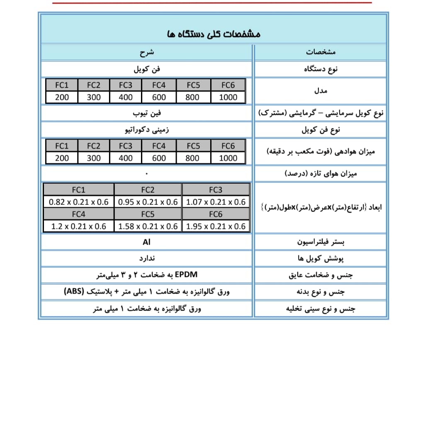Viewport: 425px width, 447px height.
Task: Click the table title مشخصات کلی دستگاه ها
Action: pyautogui.click(x=214, y=34)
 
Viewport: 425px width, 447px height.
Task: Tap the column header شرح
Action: pyautogui.click(x=146, y=52)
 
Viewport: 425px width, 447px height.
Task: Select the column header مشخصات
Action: pyautogui.click(x=321, y=52)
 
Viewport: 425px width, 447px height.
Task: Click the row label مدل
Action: pyautogui.click(x=321, y=90)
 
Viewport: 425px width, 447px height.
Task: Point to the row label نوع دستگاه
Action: pyautogui.click(x=321, y=69)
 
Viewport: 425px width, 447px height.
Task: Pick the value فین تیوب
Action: pyautogui.click(x=147, y=113)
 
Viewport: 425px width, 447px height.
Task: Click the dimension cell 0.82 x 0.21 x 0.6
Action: pyautogui.click(x=78, y=202)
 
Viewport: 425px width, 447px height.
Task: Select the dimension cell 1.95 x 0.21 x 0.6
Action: pyautogui.click(x=216, y=226)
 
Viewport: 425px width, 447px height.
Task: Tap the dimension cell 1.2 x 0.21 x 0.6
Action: pyautogui.click(x=78, y=226)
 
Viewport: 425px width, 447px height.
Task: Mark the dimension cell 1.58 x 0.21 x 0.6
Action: pyautogui.click(x=148, y=226)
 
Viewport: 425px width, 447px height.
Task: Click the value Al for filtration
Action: pyautogui.click(x=146, y=242)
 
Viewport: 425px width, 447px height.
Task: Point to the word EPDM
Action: pyautogui.click(x=186, y=274)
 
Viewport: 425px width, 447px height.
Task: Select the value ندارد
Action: pyautogui.click(x=147, y=258)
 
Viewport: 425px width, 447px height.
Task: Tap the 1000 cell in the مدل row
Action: pyautogui.click(x=228, y=97)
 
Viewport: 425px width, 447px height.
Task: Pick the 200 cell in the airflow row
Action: pyautogui.click(x=62, y=158)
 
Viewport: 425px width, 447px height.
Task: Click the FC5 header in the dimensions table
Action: pyautogui.click(x=148, y=214)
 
